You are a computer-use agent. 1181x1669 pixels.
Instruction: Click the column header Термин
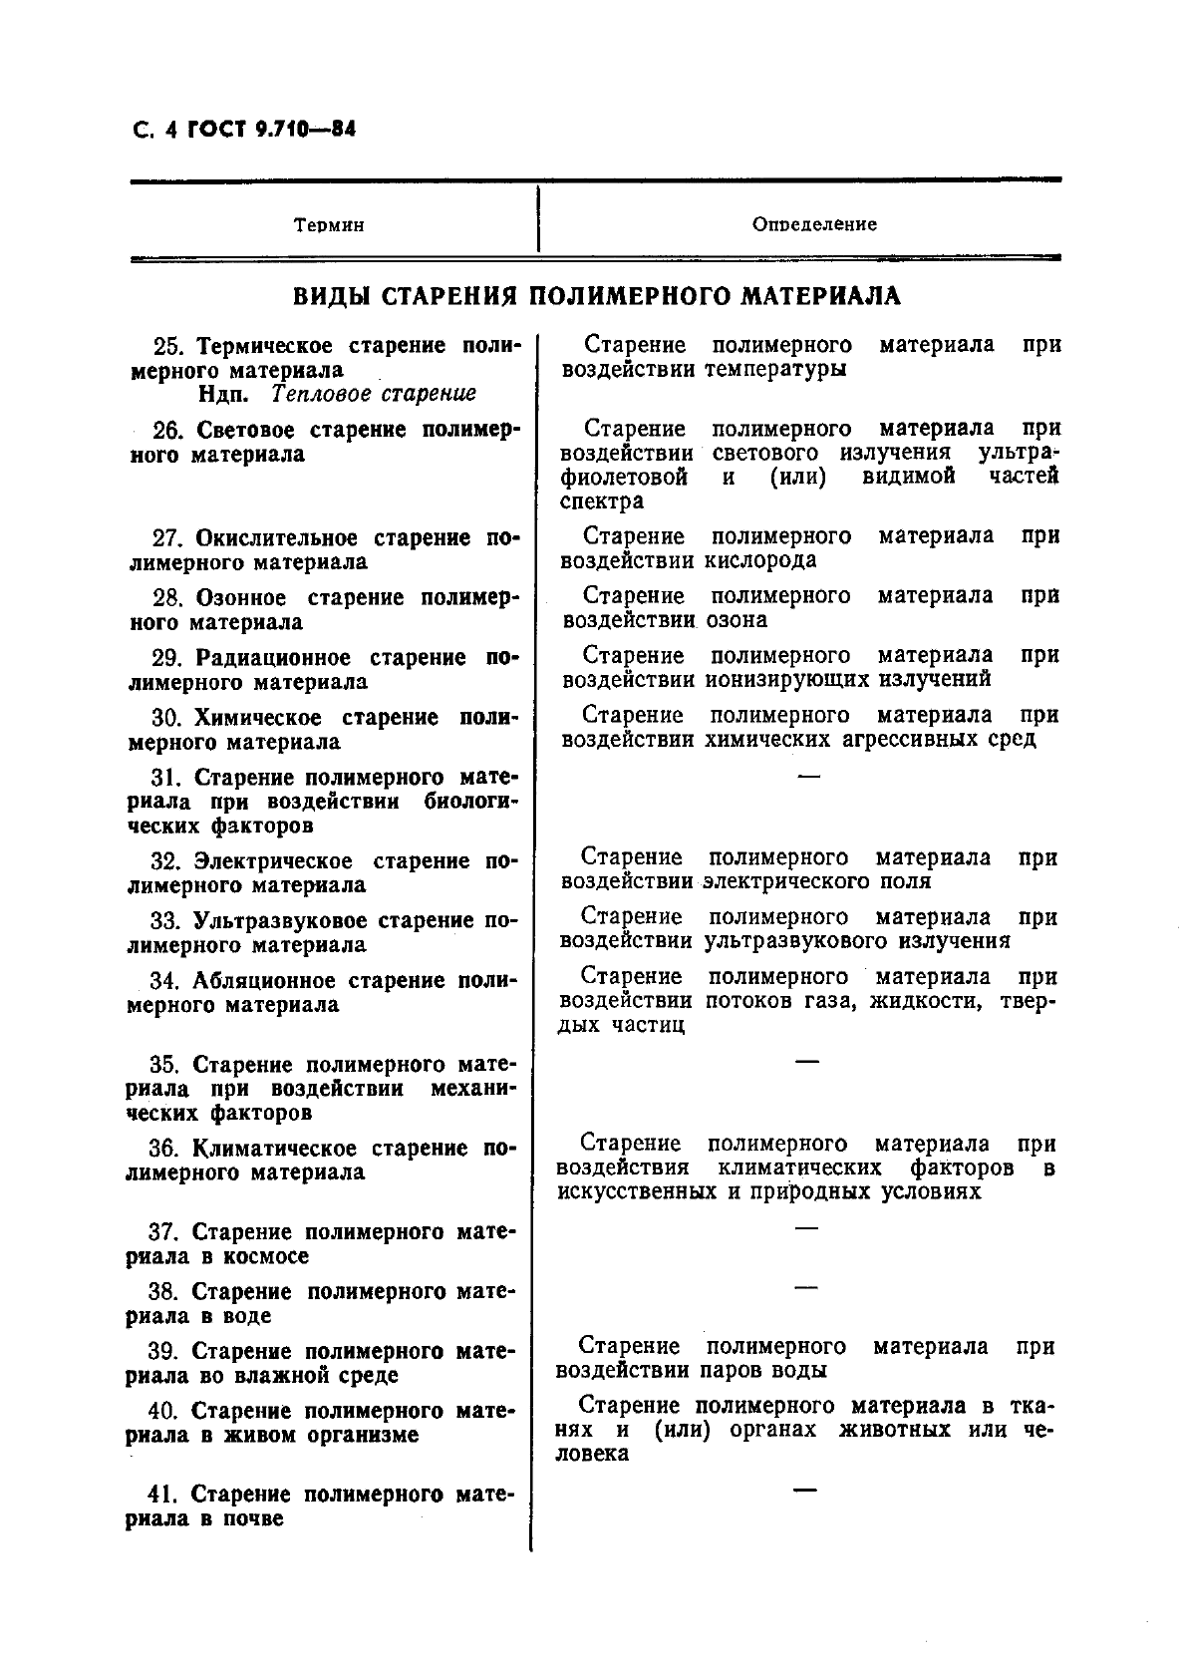[x=329, y=225]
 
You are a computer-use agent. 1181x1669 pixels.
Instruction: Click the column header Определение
[x=814, y=224]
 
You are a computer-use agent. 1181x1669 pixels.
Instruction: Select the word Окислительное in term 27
[x=280, y=538]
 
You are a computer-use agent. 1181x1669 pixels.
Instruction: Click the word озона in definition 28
[x=736, y=619]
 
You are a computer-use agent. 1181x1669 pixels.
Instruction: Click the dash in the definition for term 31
[x=809, y=775]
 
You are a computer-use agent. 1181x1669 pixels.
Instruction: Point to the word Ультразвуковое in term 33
[x=282, y=921]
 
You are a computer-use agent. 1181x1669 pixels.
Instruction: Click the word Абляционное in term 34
[x=264, y=981]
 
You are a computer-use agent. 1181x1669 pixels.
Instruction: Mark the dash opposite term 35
[x=807, y=1061]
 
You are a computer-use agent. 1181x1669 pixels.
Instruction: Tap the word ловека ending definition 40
[x=592, y=1454]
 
